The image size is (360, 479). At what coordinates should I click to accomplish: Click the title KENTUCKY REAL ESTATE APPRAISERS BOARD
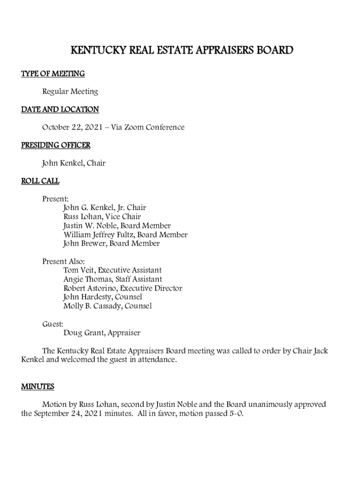(x=181, y=50)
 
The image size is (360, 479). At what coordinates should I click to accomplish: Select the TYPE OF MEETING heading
(x=53, y=74)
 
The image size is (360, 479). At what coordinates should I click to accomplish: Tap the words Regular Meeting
(x=70, y=92)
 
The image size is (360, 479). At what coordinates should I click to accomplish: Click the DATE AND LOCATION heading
(x=60, y=109)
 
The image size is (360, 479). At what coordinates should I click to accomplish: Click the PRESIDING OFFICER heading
(x=56, y=145)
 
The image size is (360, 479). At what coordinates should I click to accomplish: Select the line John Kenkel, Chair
(x=74, y=163)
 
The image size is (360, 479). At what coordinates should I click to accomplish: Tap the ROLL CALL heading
(x=40, y=181)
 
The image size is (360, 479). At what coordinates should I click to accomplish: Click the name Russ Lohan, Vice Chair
(x=102, y=217)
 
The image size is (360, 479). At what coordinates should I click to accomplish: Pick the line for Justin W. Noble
(x=117, y=226)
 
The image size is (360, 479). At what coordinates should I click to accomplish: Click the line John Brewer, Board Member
(x=111, y=244)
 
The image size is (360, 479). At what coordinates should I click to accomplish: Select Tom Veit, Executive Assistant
(x=112, y=270)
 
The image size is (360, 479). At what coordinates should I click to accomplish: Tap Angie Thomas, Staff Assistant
(x=113, y=279)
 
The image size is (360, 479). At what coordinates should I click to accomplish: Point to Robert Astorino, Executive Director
(x=122, y=288)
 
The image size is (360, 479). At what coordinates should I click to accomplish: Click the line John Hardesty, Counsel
(x=102, y=297)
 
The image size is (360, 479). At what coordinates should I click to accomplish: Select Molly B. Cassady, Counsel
(x=107, y=306)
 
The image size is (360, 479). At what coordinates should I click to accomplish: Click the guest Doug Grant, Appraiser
(x=101, y=333)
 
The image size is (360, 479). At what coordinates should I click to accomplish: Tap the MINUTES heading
(x=37, y=386)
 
